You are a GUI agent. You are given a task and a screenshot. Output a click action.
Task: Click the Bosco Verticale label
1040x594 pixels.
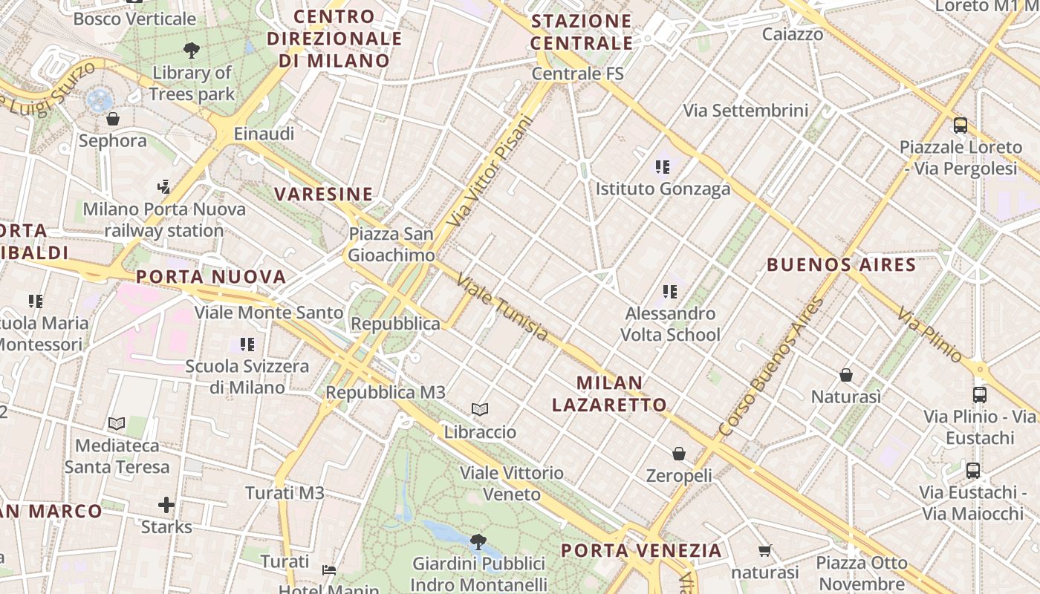[x=134, y=19]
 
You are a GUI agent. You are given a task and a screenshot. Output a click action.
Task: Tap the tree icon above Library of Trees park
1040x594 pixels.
[x=192, y=50]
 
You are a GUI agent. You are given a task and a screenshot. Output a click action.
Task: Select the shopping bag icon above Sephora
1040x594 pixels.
[x=113, y=119]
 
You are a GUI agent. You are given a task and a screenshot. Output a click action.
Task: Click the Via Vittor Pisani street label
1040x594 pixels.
[x=491, y=172]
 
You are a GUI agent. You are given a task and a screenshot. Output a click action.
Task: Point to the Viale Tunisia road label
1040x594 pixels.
[x=502, y=307]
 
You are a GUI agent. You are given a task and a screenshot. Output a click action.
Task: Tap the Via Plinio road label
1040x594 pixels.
[x=929, y=335]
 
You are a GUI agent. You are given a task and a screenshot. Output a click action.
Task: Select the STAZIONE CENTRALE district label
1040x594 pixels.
[x=582, y=32]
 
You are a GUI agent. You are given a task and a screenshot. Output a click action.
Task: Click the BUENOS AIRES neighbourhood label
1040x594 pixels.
[x=841, y=264]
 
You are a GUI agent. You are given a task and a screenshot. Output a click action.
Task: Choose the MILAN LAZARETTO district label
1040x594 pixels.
[x=609, y=394]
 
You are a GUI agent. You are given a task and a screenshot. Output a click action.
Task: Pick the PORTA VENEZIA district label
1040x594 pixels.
[x=641, y=550]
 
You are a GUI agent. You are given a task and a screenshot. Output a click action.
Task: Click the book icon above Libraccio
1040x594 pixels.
[x=481, y=409]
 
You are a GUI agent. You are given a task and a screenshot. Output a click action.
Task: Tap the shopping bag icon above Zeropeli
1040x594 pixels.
[x=678, y=453]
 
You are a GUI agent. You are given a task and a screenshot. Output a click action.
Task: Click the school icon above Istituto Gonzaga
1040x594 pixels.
[x=663, y=167]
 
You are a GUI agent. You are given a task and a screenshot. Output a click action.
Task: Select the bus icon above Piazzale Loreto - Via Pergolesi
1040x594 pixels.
[x=961, y=125]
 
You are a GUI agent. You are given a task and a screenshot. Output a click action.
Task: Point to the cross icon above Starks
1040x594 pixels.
[x=166, y=506]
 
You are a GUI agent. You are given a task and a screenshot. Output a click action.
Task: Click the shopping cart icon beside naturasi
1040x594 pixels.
[x=765, y=550]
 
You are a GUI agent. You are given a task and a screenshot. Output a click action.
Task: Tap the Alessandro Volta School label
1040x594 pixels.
[x=670, y=324]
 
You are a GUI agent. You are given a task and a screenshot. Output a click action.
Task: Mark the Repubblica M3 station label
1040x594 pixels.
[x=386, y=392]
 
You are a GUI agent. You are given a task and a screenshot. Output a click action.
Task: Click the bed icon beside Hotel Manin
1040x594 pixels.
[x=329, y=570]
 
